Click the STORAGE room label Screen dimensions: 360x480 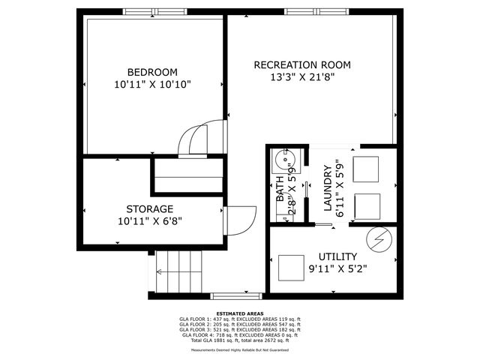(x=150, y=208)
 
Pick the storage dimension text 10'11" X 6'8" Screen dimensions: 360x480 (x=150, y=221)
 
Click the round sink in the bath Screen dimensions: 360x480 (x=284, y=160)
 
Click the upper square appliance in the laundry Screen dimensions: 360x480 (x=365, y=169)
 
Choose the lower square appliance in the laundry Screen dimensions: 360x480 (x=365, y=205)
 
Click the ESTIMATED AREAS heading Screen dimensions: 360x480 (x=239, y=313)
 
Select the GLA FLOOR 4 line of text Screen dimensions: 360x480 (x=239, y=334)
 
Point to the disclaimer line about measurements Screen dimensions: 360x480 (x=239, y=349)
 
